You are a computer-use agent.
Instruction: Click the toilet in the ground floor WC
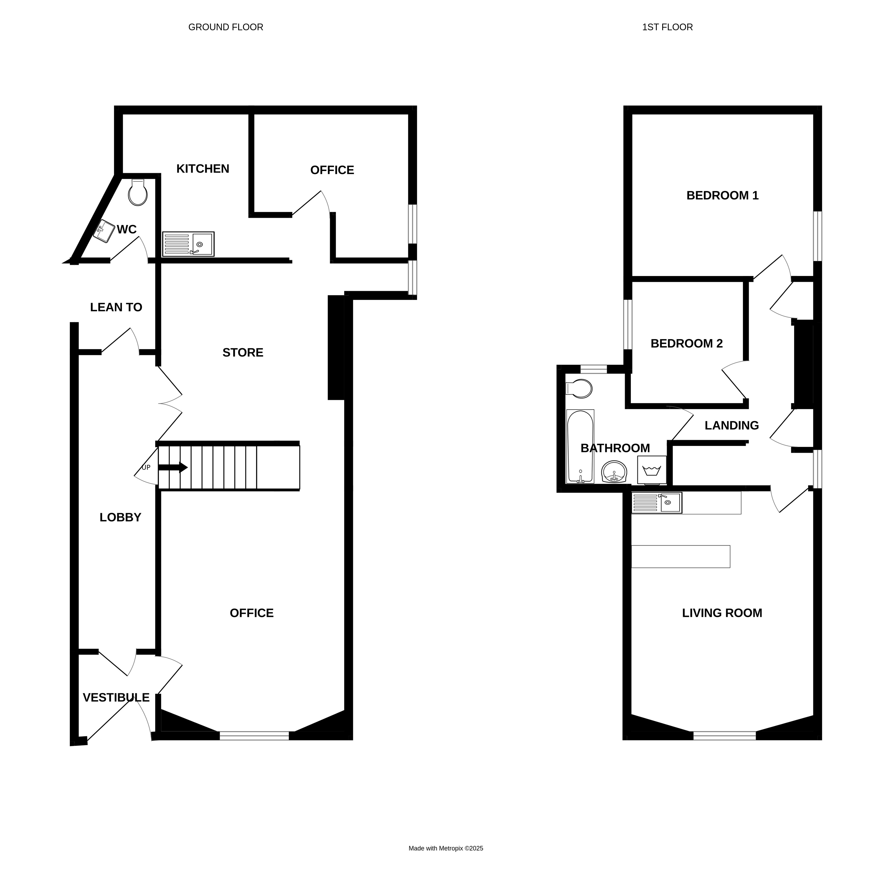pos(138,192)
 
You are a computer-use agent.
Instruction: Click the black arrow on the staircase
pos(173,468)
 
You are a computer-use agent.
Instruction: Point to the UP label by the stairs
pos(146,467)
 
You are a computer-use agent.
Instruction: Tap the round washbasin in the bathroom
pos(614,471)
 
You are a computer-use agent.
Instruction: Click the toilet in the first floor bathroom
pos(579,389)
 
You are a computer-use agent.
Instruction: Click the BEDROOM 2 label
pos(687,343)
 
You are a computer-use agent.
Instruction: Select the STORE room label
pos(243,353)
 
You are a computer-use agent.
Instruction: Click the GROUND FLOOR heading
pos(226,27)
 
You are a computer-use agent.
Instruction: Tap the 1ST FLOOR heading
pos(668,27)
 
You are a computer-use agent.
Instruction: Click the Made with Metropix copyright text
pos(446,848)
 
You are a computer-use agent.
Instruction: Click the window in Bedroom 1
pos(818,236)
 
